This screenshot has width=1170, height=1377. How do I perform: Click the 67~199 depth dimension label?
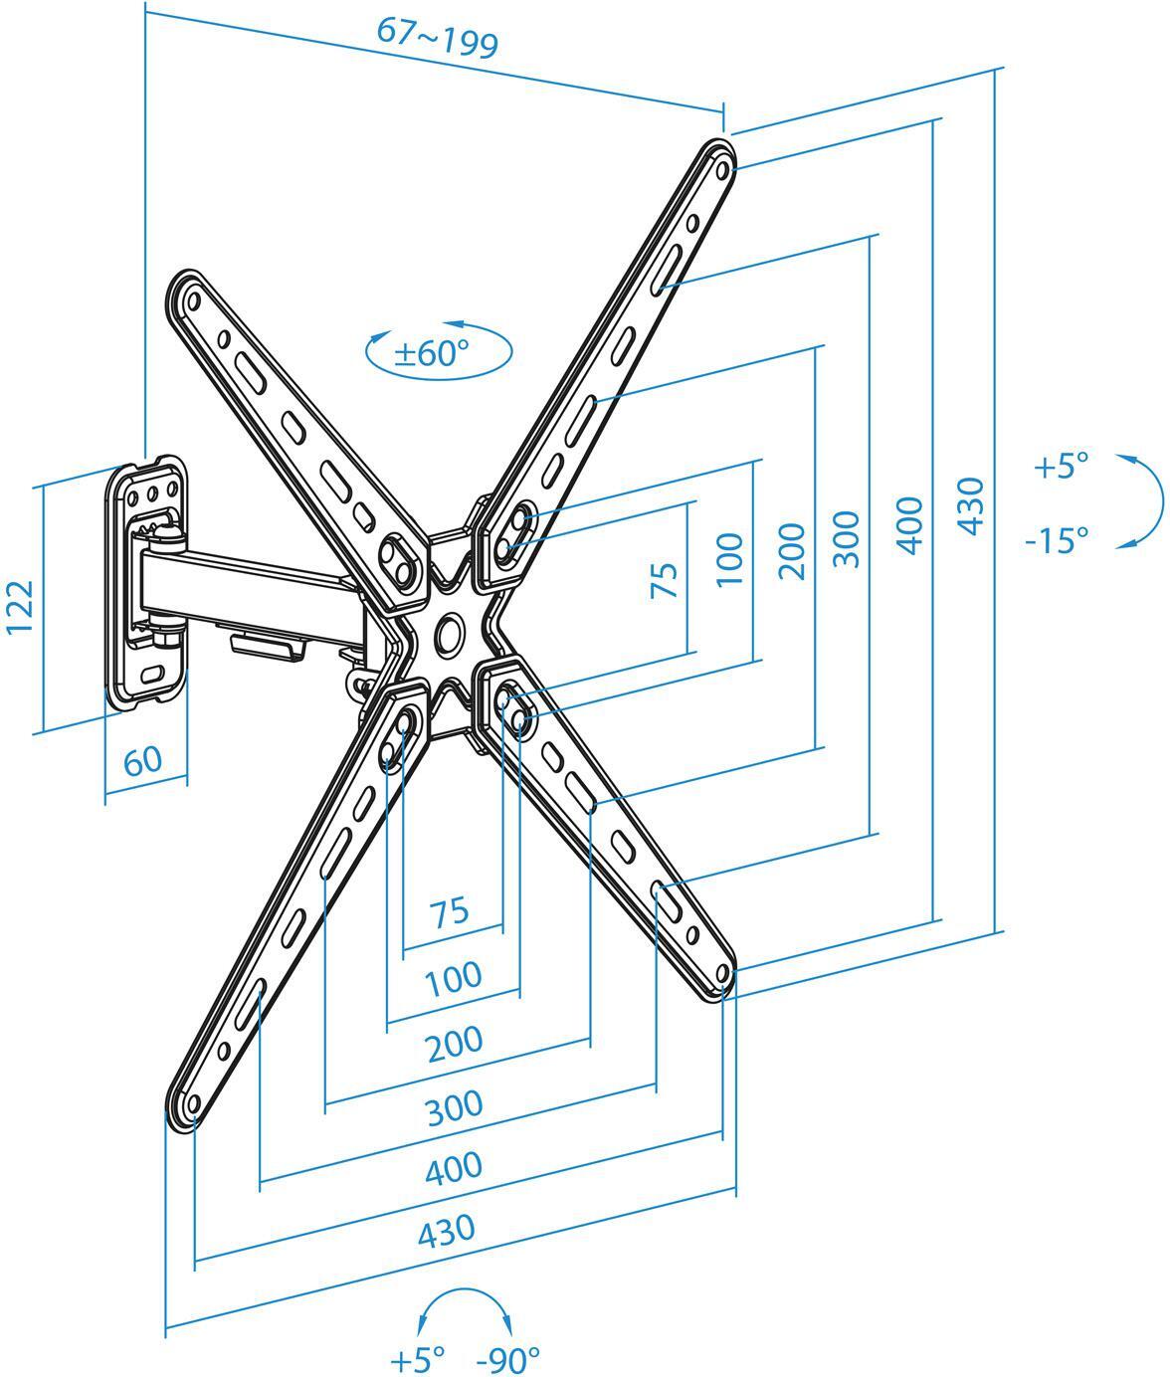pos(437,38)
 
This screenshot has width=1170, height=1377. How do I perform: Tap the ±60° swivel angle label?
pos(431,353)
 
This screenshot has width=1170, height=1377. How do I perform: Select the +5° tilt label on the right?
pos(1061,466)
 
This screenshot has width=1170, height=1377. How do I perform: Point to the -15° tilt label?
pos(1057,540)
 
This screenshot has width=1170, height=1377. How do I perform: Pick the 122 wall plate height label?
pos(21,606)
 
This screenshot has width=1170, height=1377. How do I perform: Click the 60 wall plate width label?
pos(142,761)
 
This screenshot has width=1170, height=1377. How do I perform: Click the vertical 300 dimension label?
pos(845,538)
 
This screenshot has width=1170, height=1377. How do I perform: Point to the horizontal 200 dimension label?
pos(454,1043)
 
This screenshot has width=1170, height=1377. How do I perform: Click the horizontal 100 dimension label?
pos(453,979)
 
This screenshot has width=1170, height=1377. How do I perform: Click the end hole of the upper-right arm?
pos(721,169)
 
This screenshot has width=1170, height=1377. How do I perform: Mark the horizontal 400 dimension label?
pos(453,1168)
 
